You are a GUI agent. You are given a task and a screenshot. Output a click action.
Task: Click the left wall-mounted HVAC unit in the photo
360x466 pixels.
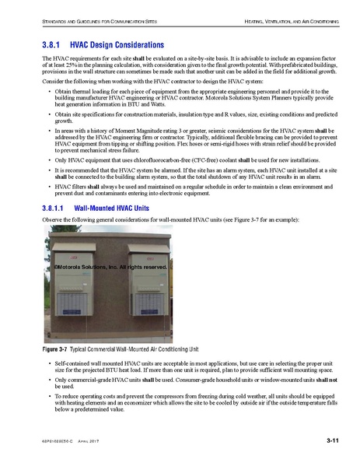[73, 279]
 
